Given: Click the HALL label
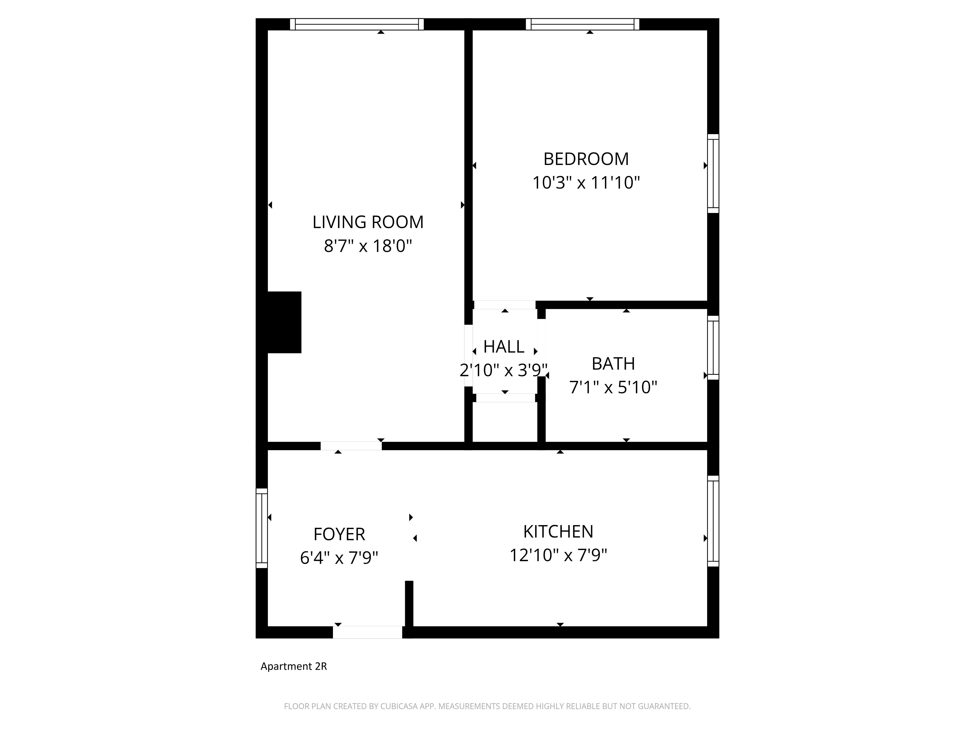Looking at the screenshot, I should pos(504,347).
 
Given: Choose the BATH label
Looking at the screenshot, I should pos(613,364).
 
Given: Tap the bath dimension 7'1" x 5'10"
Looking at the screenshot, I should pos(613,387).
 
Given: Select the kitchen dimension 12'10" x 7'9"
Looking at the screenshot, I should pos(558,555).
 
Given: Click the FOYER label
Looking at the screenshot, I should pos(339,534).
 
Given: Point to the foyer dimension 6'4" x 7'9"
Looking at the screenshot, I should pos(339,558).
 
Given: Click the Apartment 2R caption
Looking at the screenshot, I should pos(293,666).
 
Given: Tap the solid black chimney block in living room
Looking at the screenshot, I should pos(284,322).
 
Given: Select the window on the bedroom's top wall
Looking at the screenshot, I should pos(582,24).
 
